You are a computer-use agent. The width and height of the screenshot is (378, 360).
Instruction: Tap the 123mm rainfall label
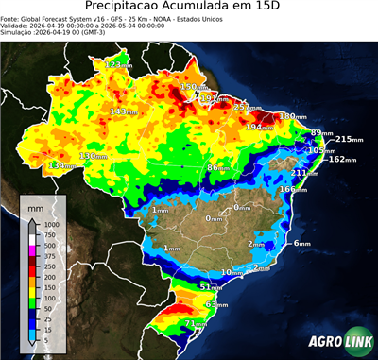(117, 64)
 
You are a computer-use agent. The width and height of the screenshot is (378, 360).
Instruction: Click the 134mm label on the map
(61, 165)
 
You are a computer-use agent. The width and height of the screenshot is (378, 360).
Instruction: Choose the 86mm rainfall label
(219, 167)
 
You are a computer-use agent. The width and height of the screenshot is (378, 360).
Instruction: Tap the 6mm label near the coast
(301, 243)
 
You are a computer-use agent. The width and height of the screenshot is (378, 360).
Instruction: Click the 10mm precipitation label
(230, 272)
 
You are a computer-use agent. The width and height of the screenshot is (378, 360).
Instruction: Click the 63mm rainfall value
(216, 305)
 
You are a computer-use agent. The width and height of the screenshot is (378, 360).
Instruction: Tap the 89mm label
(322, 132)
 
